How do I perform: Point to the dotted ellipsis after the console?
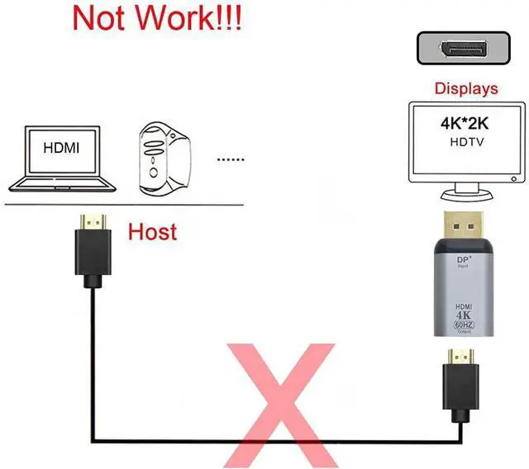(231, 159)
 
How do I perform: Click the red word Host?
(152, 232)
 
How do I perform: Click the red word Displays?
(467, 88)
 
